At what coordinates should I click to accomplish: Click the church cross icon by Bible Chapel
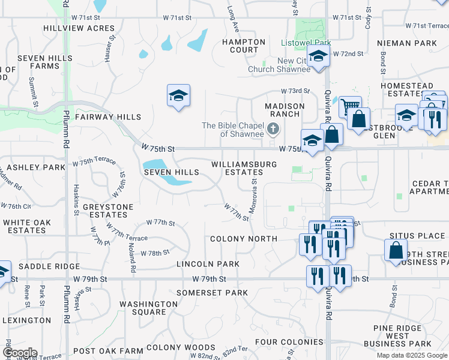[273, 128]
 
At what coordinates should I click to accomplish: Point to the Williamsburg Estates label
[244, 168]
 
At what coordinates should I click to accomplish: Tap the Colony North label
[244, 239]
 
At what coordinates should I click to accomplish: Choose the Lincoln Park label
[208, 264]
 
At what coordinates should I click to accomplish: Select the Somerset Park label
[212, 293]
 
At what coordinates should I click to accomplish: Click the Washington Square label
[149, 308]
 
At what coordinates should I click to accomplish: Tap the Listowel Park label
[305, 43]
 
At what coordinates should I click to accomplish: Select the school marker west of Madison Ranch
[178, 96]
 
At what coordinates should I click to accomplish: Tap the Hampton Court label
[244, 46]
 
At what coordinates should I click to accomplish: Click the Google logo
[20, 353]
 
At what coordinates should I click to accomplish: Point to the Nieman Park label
[407, 43]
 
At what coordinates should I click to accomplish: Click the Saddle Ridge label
[49, 266]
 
